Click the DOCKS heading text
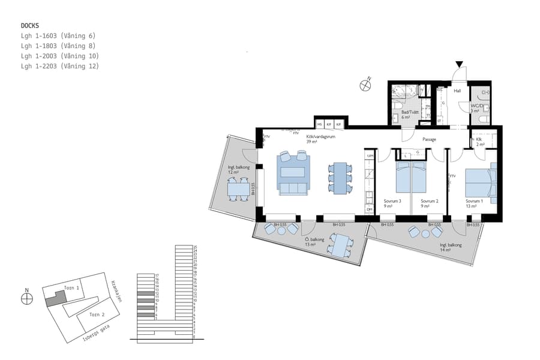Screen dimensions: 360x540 click(x=30, y=26)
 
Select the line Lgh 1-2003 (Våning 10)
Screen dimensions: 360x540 click(x=59, y=56)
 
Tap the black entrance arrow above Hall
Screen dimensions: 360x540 click(x=459, y=64)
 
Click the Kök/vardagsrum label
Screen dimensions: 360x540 click(x=320, y=137)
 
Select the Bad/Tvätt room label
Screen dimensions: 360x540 click(x=409, y=115)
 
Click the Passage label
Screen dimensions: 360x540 click(x=429, y=140)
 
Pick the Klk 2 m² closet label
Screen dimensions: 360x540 click(x=480, y=142)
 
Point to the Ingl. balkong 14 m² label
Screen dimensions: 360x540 click(x=450, y=247)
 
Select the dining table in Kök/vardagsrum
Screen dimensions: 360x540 click(x=340, y=178)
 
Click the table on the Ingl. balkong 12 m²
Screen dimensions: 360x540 click(x=238, y=190)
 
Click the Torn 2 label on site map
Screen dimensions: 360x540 click(x=96, y=314)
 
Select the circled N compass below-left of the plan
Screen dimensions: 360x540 click(x=27, y=298)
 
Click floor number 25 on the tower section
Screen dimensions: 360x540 click(x=195, y=247)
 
